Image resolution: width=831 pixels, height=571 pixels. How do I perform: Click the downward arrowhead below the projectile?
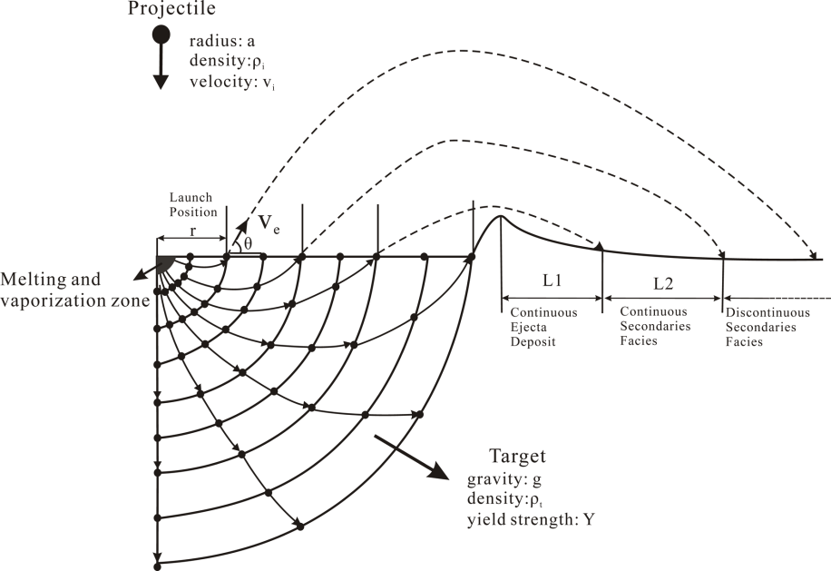[161, 82]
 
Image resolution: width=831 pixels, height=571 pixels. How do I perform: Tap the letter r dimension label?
[191, 231]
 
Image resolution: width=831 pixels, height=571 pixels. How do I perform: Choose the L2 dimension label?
[662, 283]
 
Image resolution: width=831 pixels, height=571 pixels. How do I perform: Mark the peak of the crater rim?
[499, 216]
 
